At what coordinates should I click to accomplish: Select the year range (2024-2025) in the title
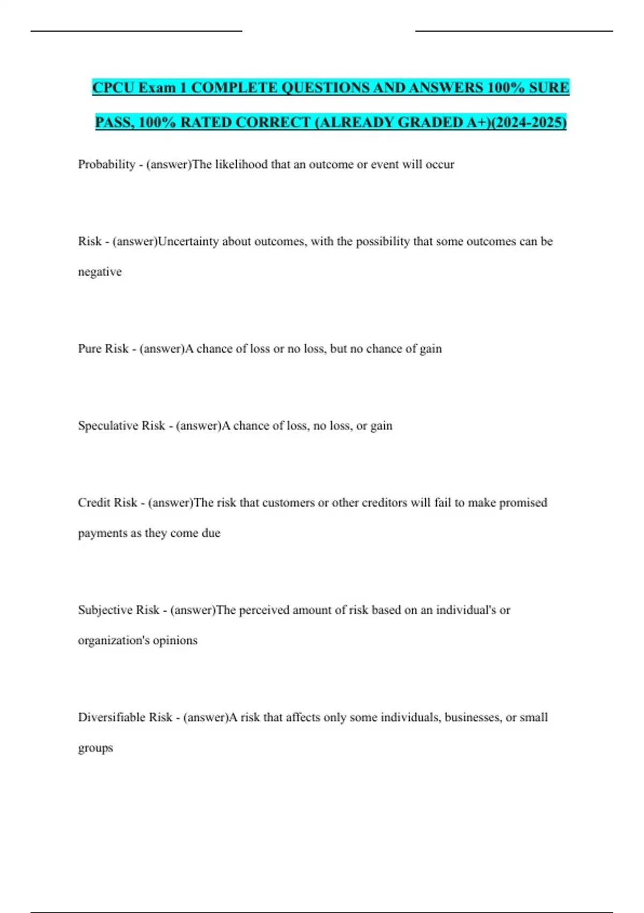(529, 122)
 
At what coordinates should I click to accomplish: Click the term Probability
(106, 164)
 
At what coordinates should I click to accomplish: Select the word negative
(100, 272)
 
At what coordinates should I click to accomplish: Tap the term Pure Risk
(103, 349)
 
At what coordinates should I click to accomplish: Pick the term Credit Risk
(107, 503)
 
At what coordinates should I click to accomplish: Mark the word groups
(96, 748)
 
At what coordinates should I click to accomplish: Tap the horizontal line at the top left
(136, 31)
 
